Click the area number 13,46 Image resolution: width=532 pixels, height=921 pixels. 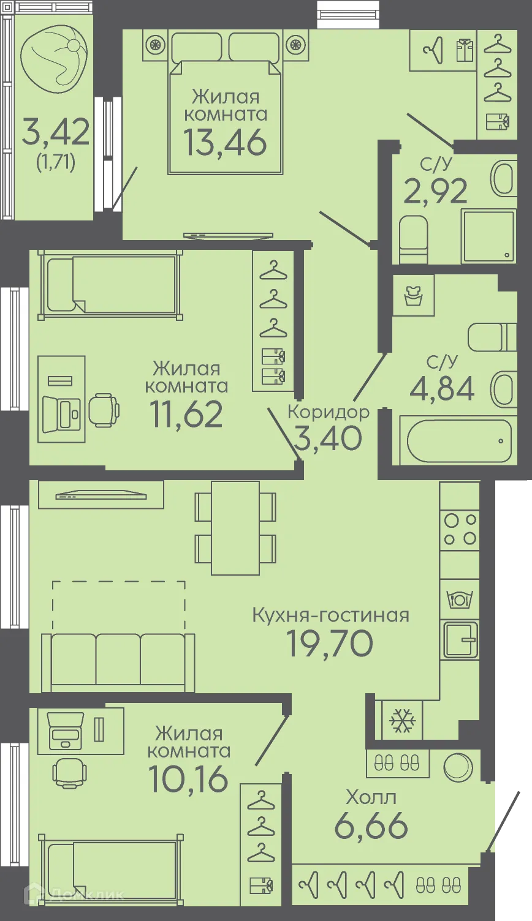click(225, 141)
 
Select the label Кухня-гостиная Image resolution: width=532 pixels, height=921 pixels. click(330, 615)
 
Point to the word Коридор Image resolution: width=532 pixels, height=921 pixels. click(329, 412)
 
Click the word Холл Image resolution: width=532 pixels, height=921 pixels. click(371, 797)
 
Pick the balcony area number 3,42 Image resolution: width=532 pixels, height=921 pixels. click(56, 132)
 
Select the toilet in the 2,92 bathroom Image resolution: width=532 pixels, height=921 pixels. click(414, 239)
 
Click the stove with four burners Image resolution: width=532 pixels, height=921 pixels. click(460, 529)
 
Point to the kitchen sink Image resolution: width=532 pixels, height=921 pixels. click(460, 639)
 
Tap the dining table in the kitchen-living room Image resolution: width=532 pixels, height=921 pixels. click(235, 528)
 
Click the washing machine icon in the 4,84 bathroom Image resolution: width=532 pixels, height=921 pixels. click(414, 295)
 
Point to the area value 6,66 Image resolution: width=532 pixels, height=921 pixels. click(371, 826)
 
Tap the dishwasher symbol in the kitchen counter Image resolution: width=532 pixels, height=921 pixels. click(460, 598)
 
